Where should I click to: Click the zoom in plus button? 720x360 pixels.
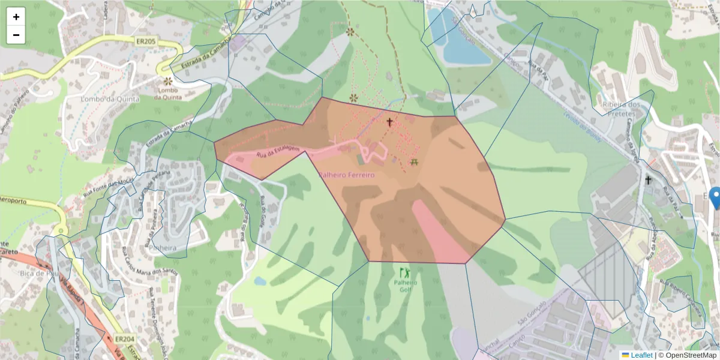pyautogui.click(x=16, y=17)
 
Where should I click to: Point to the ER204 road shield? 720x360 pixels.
pyautogui.click(x=125, y=339)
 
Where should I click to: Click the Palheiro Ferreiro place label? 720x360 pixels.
pyautogui.click(x=346, y=175)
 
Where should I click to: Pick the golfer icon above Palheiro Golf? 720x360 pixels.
pyautogui.click(x=405, y=272)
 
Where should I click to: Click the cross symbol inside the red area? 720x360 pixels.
pyautogui.click(x=389, y=122)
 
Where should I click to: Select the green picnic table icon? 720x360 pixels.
pyautogui.click(x=414, y=162)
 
